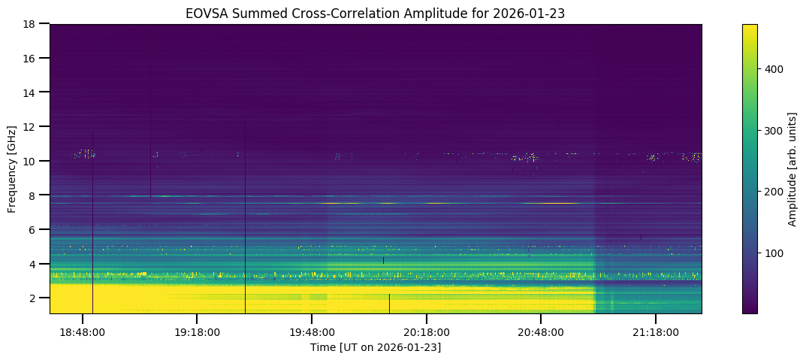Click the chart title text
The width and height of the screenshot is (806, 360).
tap(376, 13)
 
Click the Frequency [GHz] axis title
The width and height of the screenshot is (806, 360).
tap(12, 168)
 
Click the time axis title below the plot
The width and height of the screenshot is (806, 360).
tap(376, 347)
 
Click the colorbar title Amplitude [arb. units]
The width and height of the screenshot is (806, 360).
tap(792, 168)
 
